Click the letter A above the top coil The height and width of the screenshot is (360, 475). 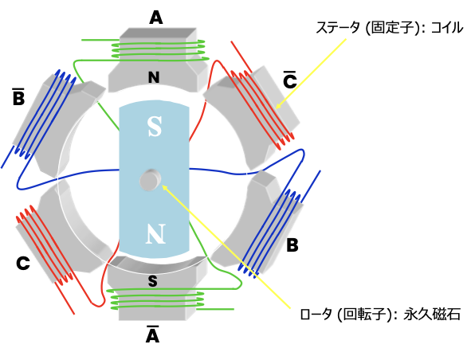click(x=156, y=18)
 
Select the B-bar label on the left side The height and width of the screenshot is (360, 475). click(x=18, y=97)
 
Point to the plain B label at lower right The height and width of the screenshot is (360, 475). click(x=292, y=245)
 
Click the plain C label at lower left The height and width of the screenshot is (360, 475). click(x=23, y=263)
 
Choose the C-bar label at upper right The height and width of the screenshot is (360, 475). click(x=289, y=80)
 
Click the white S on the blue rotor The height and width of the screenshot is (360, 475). click(x=155, y=127)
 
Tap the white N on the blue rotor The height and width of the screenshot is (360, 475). click(x=155, y=233)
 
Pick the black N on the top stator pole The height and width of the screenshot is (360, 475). click(x=154, y=77)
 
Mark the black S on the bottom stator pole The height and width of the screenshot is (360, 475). click(x=153, y=281)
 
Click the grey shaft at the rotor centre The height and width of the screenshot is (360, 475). click(x=151, y=180)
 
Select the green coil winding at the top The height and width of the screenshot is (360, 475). click(x=160, y=50)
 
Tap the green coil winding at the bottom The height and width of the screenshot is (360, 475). click(x=158, y=299)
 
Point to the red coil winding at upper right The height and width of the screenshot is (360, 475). click(x=262, y=111)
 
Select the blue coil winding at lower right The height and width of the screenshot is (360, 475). click(x=269, y=233)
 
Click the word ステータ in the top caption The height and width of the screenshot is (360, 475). click(x=338, y=28)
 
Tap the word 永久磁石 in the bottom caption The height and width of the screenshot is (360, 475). click(x=432, y=315)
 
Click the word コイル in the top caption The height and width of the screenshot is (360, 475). click(x=446, y=28)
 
